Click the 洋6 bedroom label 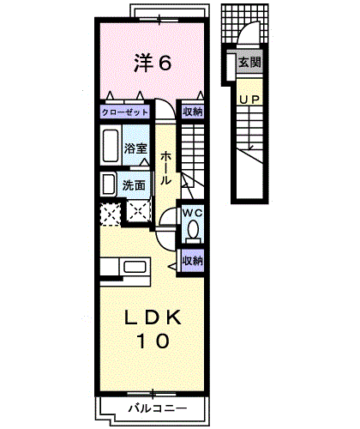(153, 63)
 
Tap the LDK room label (153, 317)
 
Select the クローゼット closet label (125, 112)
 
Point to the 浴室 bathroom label (135, 148)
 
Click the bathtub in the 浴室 (111, 146)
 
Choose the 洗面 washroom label (134, 185)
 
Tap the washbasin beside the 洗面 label (108, 184)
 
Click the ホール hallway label (165, 168)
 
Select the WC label (193, 213)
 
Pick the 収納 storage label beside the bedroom (193, 112)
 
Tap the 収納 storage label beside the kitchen (193, 261)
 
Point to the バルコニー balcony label (158, 408)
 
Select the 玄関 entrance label (249, 62)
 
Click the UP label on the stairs (249, 100)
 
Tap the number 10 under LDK (153, 341)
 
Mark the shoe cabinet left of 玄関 (231, 67)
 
